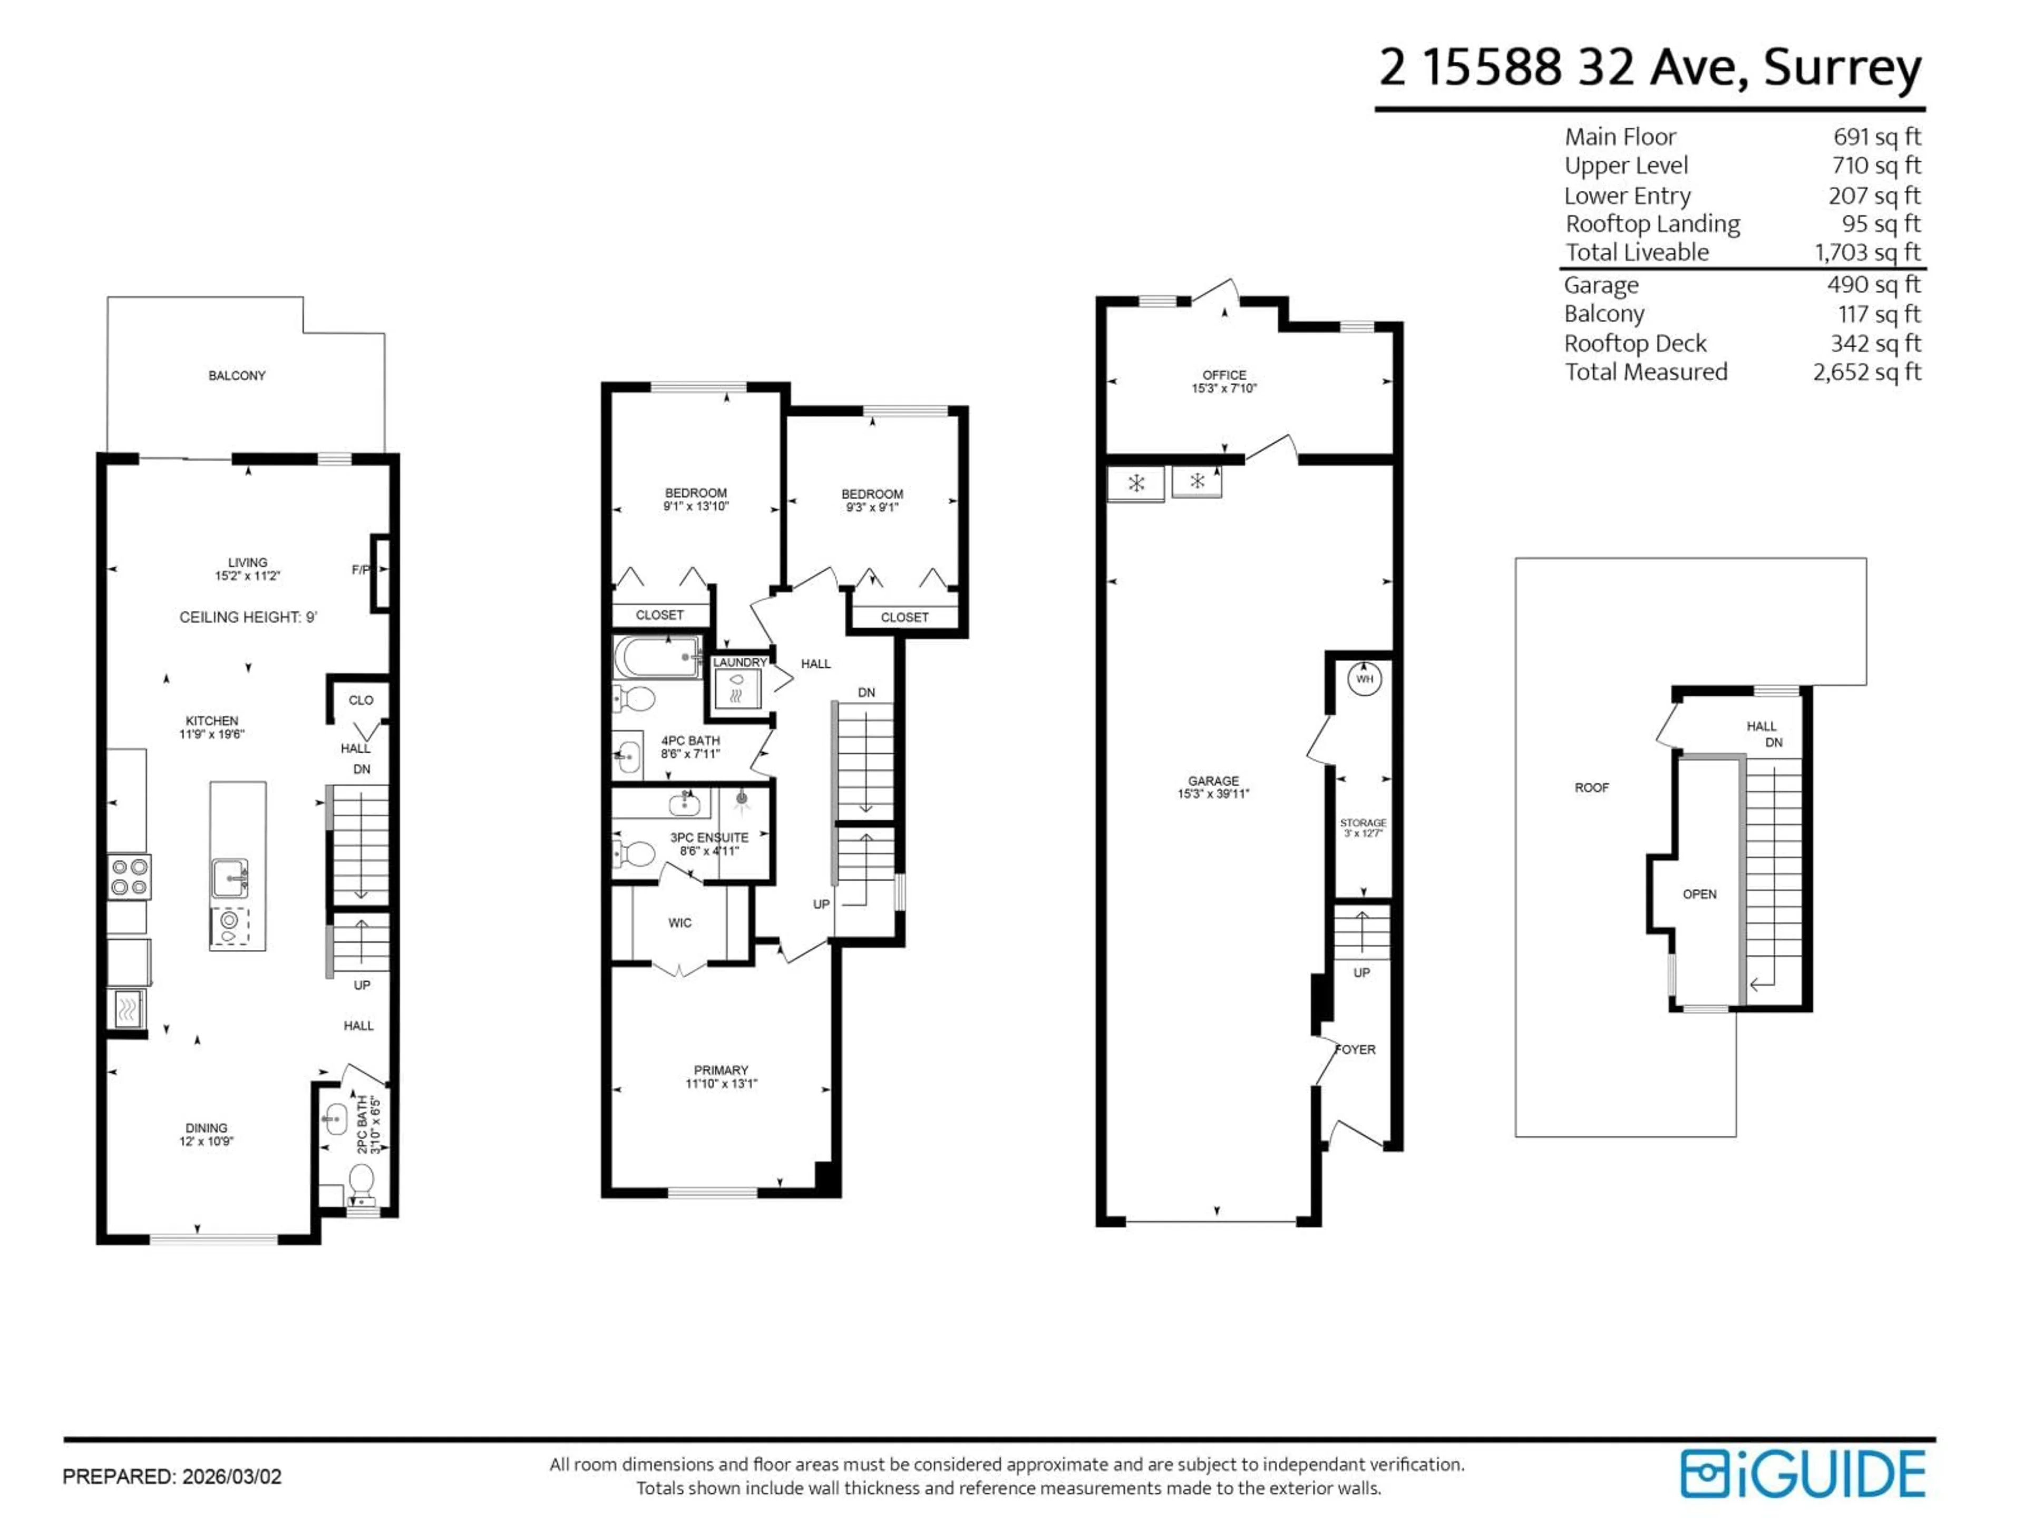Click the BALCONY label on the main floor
tap(237, 375)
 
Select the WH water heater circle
tap(1364, 679)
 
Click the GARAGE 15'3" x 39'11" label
tap(1213, 787)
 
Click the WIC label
tap(680, 922)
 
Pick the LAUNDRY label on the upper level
tap(739, 663)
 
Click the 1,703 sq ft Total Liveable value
tap(1867, 252)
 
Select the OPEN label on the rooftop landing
tap(1699, 894)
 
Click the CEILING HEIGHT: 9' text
tap(248, 618)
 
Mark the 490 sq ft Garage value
tap(1873, 285)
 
